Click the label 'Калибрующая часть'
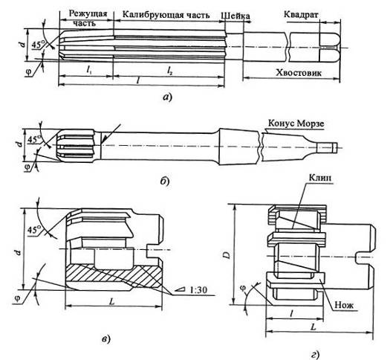click(166, 15)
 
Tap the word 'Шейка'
click(235, 16)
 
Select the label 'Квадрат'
click(301, 15)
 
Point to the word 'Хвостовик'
click(299, 73)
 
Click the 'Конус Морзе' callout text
click(296, 123)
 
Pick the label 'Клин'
click(320, 178)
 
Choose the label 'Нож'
click(344, 305)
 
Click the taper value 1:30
click(198, 289)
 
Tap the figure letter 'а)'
click(167, 97)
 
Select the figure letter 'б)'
click(165, 181)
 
